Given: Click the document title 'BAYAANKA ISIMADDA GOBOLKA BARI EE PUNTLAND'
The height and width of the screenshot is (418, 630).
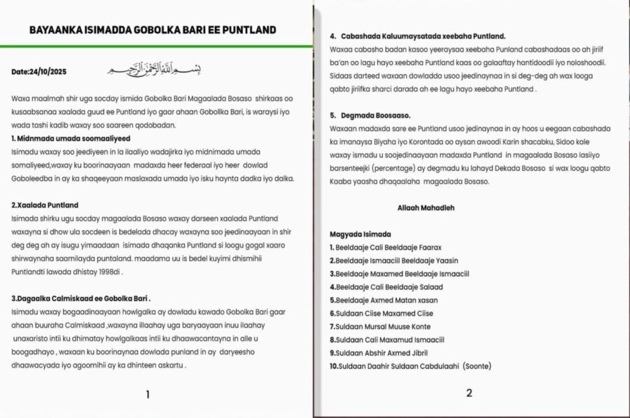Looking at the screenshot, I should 153,29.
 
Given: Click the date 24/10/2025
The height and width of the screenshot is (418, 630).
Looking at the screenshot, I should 39,71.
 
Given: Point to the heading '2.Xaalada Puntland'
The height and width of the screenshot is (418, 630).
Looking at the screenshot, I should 45,205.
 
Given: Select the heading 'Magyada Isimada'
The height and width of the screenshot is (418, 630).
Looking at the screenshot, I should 360,234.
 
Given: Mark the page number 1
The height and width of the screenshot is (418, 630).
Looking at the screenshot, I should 148,394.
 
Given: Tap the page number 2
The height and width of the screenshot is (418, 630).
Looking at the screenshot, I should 469,393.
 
